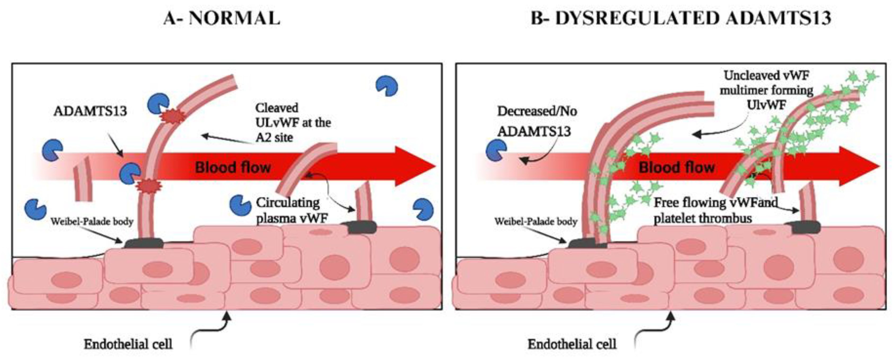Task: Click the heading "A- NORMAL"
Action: tap(221, 18)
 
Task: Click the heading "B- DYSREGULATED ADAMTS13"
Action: tap(681, 18)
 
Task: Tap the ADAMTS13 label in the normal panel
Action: tap(90, 111)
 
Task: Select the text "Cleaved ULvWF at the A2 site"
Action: tap(292, 123)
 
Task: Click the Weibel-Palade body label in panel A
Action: tap(92, 222)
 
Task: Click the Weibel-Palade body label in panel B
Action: tap(536, 222)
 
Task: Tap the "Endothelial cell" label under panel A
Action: tap(128, 344)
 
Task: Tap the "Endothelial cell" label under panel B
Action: tap(572, 344)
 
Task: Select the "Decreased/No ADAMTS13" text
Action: tap(537, 121)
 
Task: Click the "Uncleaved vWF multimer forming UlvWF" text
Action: tap(766, 90)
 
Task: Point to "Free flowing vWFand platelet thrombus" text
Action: tap(715, 210)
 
